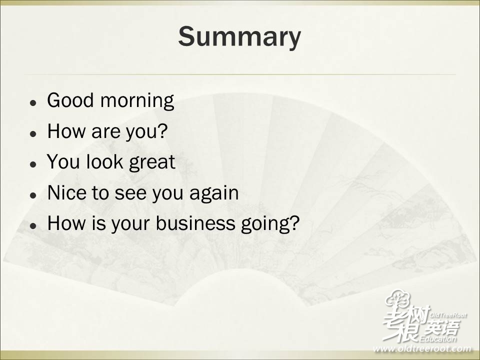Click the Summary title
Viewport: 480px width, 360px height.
[239, 37]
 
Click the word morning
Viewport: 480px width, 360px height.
[137, 101]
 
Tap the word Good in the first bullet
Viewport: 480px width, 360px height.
[70, 100]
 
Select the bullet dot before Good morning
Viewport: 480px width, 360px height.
[33, 103]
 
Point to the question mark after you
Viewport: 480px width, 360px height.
[162, 130]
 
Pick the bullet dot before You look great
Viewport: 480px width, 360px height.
[33, 164]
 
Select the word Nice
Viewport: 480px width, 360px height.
[66, 192]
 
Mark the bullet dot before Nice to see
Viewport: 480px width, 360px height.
[33, 195]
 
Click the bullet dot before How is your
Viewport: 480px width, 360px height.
[33, 225]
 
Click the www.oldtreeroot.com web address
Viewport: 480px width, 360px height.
[422, 348]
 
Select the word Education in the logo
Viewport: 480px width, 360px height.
[438, 338]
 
